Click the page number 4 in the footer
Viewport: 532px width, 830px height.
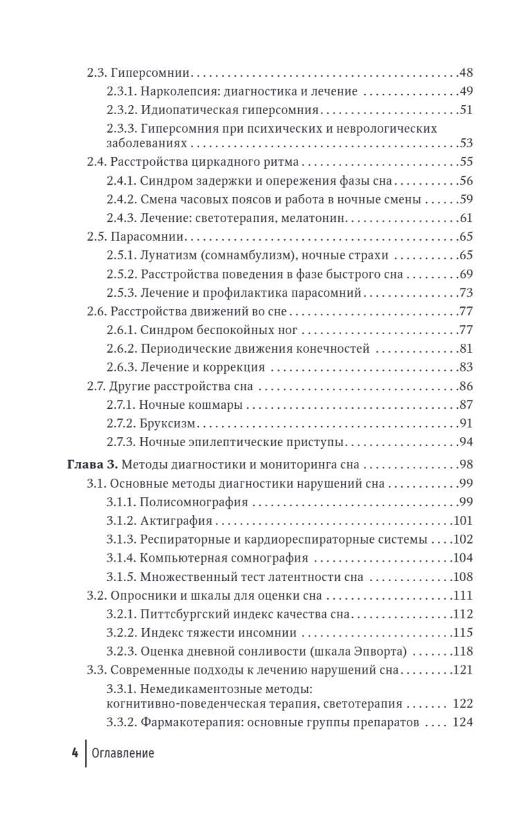click(73, 753)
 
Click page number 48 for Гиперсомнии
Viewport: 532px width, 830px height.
click(466, 73)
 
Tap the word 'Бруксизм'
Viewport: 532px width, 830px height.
click(166, 423)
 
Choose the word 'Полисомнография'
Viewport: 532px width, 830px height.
click(189, 501)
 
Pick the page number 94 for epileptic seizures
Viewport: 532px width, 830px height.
click(466, 441)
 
